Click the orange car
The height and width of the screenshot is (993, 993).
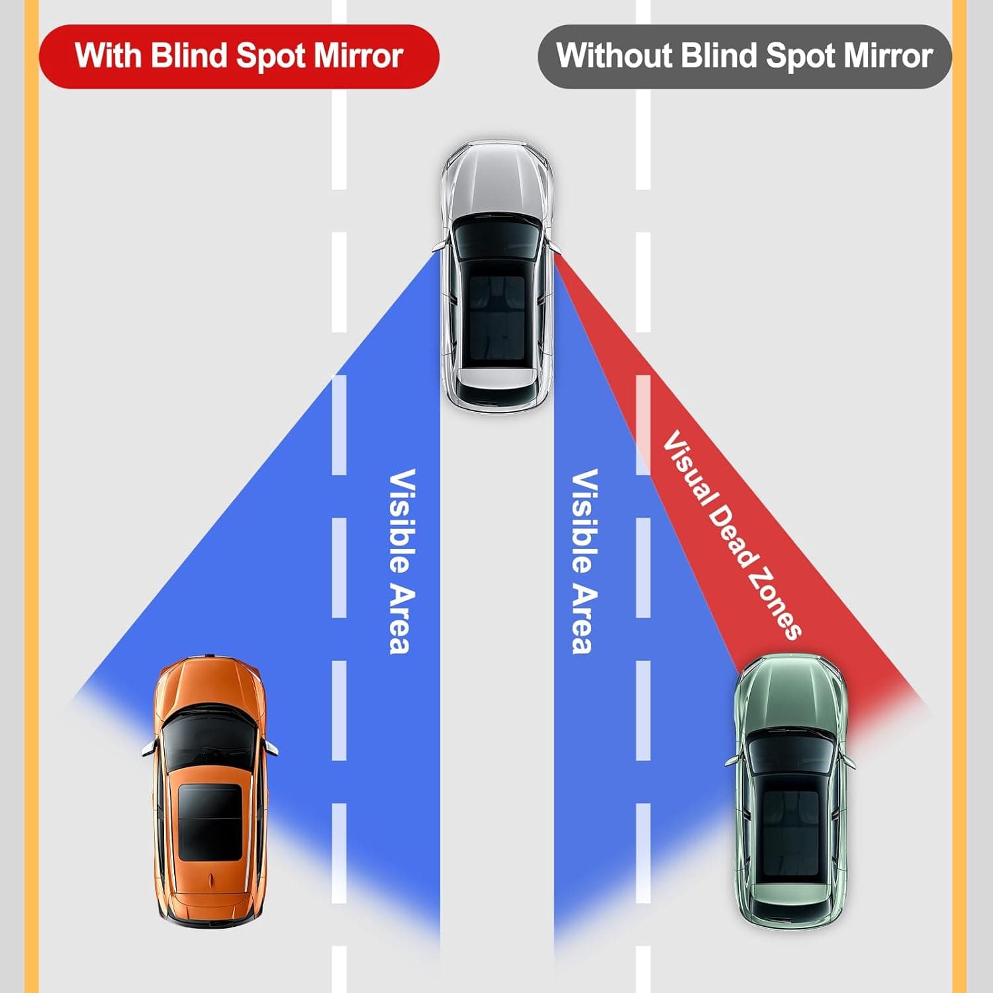coord(209,788)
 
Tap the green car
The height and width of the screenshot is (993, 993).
coord(790,788)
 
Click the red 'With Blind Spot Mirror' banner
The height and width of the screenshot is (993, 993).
coord(239,56)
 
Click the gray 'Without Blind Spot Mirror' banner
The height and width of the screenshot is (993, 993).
coord(744,56)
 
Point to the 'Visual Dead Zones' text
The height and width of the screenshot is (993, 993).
coord(732,535)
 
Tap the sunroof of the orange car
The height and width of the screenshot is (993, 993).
coord(209,823)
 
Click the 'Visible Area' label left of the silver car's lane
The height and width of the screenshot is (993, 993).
coord(402,561)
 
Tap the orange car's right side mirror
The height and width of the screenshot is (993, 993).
coord(272,748)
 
